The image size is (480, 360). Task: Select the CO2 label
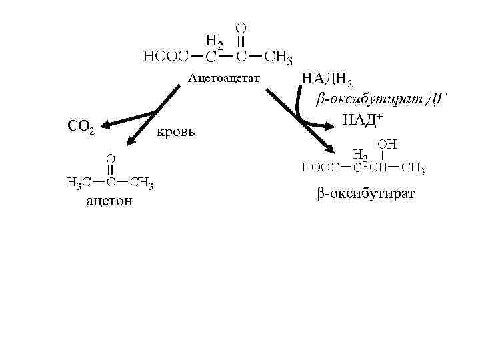click(x=82, y=125)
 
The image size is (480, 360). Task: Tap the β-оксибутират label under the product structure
click(x=365, y=193)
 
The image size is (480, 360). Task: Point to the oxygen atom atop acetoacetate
click(x=241, y=28)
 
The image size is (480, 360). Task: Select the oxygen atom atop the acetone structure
click(x=111, y=159)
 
